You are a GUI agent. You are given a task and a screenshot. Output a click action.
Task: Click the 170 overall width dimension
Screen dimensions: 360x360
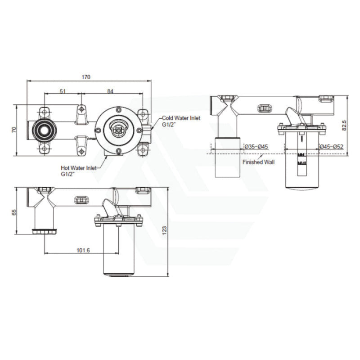click(85, 77)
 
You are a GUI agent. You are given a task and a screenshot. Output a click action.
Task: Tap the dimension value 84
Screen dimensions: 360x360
click(110, 91)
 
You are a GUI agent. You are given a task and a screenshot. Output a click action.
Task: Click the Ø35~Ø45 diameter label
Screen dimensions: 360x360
click(256, 146)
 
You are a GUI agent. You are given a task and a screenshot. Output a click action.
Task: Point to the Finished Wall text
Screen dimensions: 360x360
click(258, 162)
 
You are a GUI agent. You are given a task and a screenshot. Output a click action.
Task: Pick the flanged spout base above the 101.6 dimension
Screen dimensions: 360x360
click(45, 231)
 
